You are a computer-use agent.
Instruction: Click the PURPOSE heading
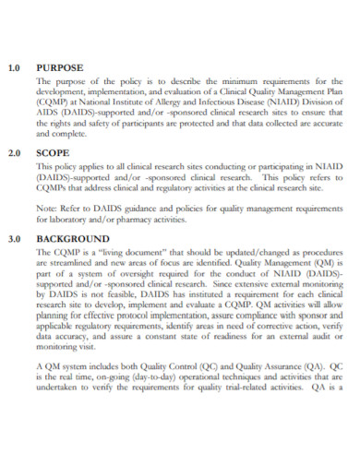pos(60,67)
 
